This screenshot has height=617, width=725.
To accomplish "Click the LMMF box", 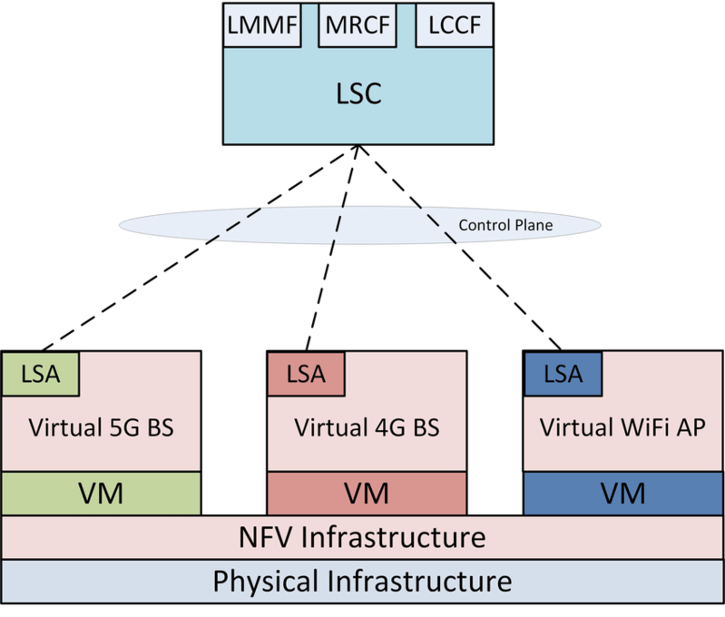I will [x=263, y=26].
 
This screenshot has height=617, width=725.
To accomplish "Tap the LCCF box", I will [x=454, y=26].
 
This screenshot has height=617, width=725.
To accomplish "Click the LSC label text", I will [x=359, y=93].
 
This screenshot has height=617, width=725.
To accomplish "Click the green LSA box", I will [x=41, y=373].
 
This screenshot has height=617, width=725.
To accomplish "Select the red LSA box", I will [x=306, y=373].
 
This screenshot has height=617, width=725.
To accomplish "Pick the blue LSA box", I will [x=563, y=373].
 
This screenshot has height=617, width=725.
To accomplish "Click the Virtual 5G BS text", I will [x=102, y=426].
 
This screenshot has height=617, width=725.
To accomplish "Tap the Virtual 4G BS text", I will [x=367, y=426].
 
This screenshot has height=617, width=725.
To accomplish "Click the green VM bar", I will [x=101, y=494].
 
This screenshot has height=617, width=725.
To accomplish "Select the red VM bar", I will [x=367, y=494].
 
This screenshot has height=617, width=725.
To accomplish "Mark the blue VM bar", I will [x=622, y=494].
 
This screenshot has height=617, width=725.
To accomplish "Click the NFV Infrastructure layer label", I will [x=362, y=537].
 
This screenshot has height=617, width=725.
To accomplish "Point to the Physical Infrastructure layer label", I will [x=362, y=581].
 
